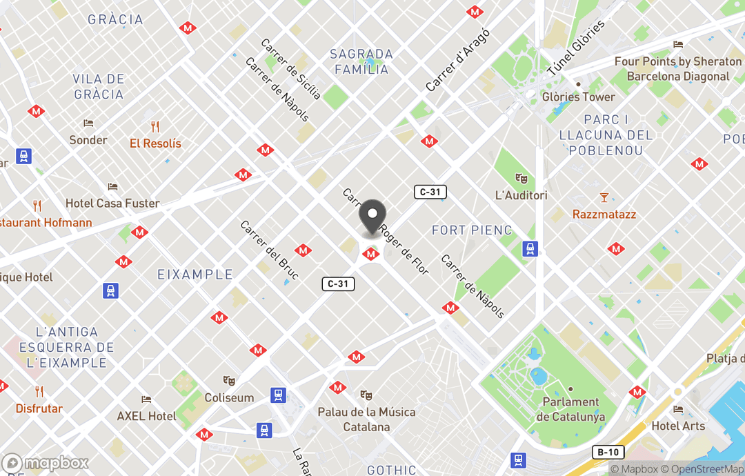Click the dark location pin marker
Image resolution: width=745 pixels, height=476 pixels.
(372, 218)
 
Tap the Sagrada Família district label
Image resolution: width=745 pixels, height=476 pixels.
(361, 61)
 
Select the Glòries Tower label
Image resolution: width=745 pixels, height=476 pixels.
(578, 97)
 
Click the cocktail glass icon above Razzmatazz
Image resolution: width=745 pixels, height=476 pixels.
(604, 198)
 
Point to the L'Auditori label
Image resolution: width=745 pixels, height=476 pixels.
(521, 195)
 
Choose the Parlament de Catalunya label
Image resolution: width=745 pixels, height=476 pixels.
(570, 409)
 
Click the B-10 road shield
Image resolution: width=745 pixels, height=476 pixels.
(608, 452)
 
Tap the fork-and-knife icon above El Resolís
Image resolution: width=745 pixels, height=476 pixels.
(155, 127)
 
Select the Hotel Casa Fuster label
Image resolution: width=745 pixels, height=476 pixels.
(112, 204)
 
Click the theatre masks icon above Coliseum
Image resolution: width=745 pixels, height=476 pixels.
(229, 381)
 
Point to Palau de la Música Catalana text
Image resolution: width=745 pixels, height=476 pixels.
(366, 419)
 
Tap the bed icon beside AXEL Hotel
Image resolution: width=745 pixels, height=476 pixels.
(146, 399)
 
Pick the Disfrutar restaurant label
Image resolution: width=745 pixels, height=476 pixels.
(39, 408)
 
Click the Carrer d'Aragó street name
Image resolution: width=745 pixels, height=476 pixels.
(457, 60)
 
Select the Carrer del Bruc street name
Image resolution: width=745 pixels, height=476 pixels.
(269, 250)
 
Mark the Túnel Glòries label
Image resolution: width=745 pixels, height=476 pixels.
(575, 49)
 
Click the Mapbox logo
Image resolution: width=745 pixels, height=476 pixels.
(46, 464)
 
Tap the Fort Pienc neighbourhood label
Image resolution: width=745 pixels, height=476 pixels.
(472, 230)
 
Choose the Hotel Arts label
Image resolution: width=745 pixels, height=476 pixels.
(679, 426)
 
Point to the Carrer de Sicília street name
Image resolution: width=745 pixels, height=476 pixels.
(290, 68)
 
